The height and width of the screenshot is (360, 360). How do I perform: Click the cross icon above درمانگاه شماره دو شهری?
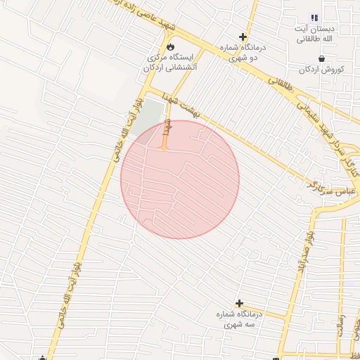point(243,37)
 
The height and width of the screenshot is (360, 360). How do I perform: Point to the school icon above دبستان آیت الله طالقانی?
point(314,18)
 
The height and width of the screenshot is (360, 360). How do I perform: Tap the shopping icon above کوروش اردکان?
point(321,58)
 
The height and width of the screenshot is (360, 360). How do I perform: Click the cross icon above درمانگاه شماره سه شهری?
point(240,302)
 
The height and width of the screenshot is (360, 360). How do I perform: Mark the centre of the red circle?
point(180,179)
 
